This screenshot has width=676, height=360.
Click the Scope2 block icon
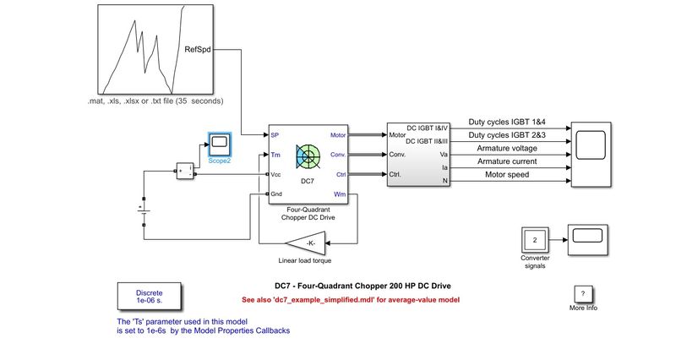(220, 143)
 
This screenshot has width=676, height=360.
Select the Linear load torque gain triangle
(310, 243)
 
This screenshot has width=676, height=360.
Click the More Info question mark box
(582, 293)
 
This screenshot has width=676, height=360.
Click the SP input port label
(275, 134)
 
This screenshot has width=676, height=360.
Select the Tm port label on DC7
(275, 155)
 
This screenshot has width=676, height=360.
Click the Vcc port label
(276, 174)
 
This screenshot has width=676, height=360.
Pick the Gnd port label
(276, 194)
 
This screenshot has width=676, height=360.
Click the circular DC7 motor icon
(308, 156)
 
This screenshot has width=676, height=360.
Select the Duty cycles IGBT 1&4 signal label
(513, 122)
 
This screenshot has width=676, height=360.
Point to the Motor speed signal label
(508, 175)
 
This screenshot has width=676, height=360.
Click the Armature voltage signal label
(512, 148)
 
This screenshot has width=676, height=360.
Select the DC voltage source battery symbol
(144, 208)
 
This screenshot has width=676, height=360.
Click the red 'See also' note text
(350, 299)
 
